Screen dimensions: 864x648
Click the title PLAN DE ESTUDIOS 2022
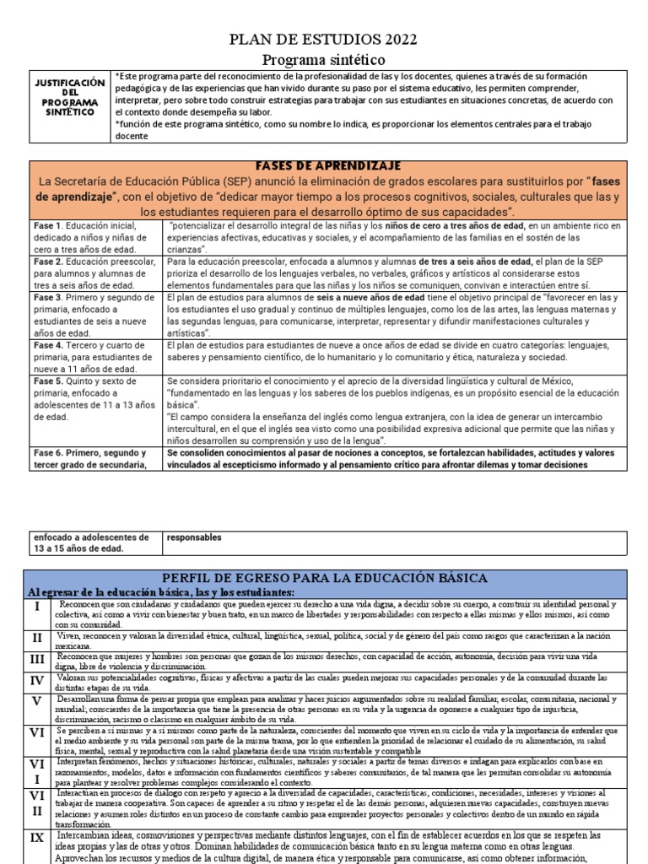323,41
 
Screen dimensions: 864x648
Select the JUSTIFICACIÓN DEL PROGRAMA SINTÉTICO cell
69,97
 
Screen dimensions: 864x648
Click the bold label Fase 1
46,226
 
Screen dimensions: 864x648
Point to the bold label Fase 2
46,262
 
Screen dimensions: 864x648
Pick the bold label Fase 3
46,298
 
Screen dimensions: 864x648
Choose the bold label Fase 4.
47,346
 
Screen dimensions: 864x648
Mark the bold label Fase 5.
46,381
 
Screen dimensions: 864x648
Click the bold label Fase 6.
47,453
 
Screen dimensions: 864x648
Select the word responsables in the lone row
194,537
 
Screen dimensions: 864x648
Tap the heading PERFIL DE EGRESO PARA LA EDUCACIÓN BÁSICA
325,578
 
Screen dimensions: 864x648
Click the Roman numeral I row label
37,607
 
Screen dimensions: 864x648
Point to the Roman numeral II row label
37,638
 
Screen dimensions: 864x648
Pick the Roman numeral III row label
37,660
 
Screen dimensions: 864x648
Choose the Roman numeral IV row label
37,680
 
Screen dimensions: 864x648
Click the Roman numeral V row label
37,701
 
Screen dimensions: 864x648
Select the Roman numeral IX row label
37,839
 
